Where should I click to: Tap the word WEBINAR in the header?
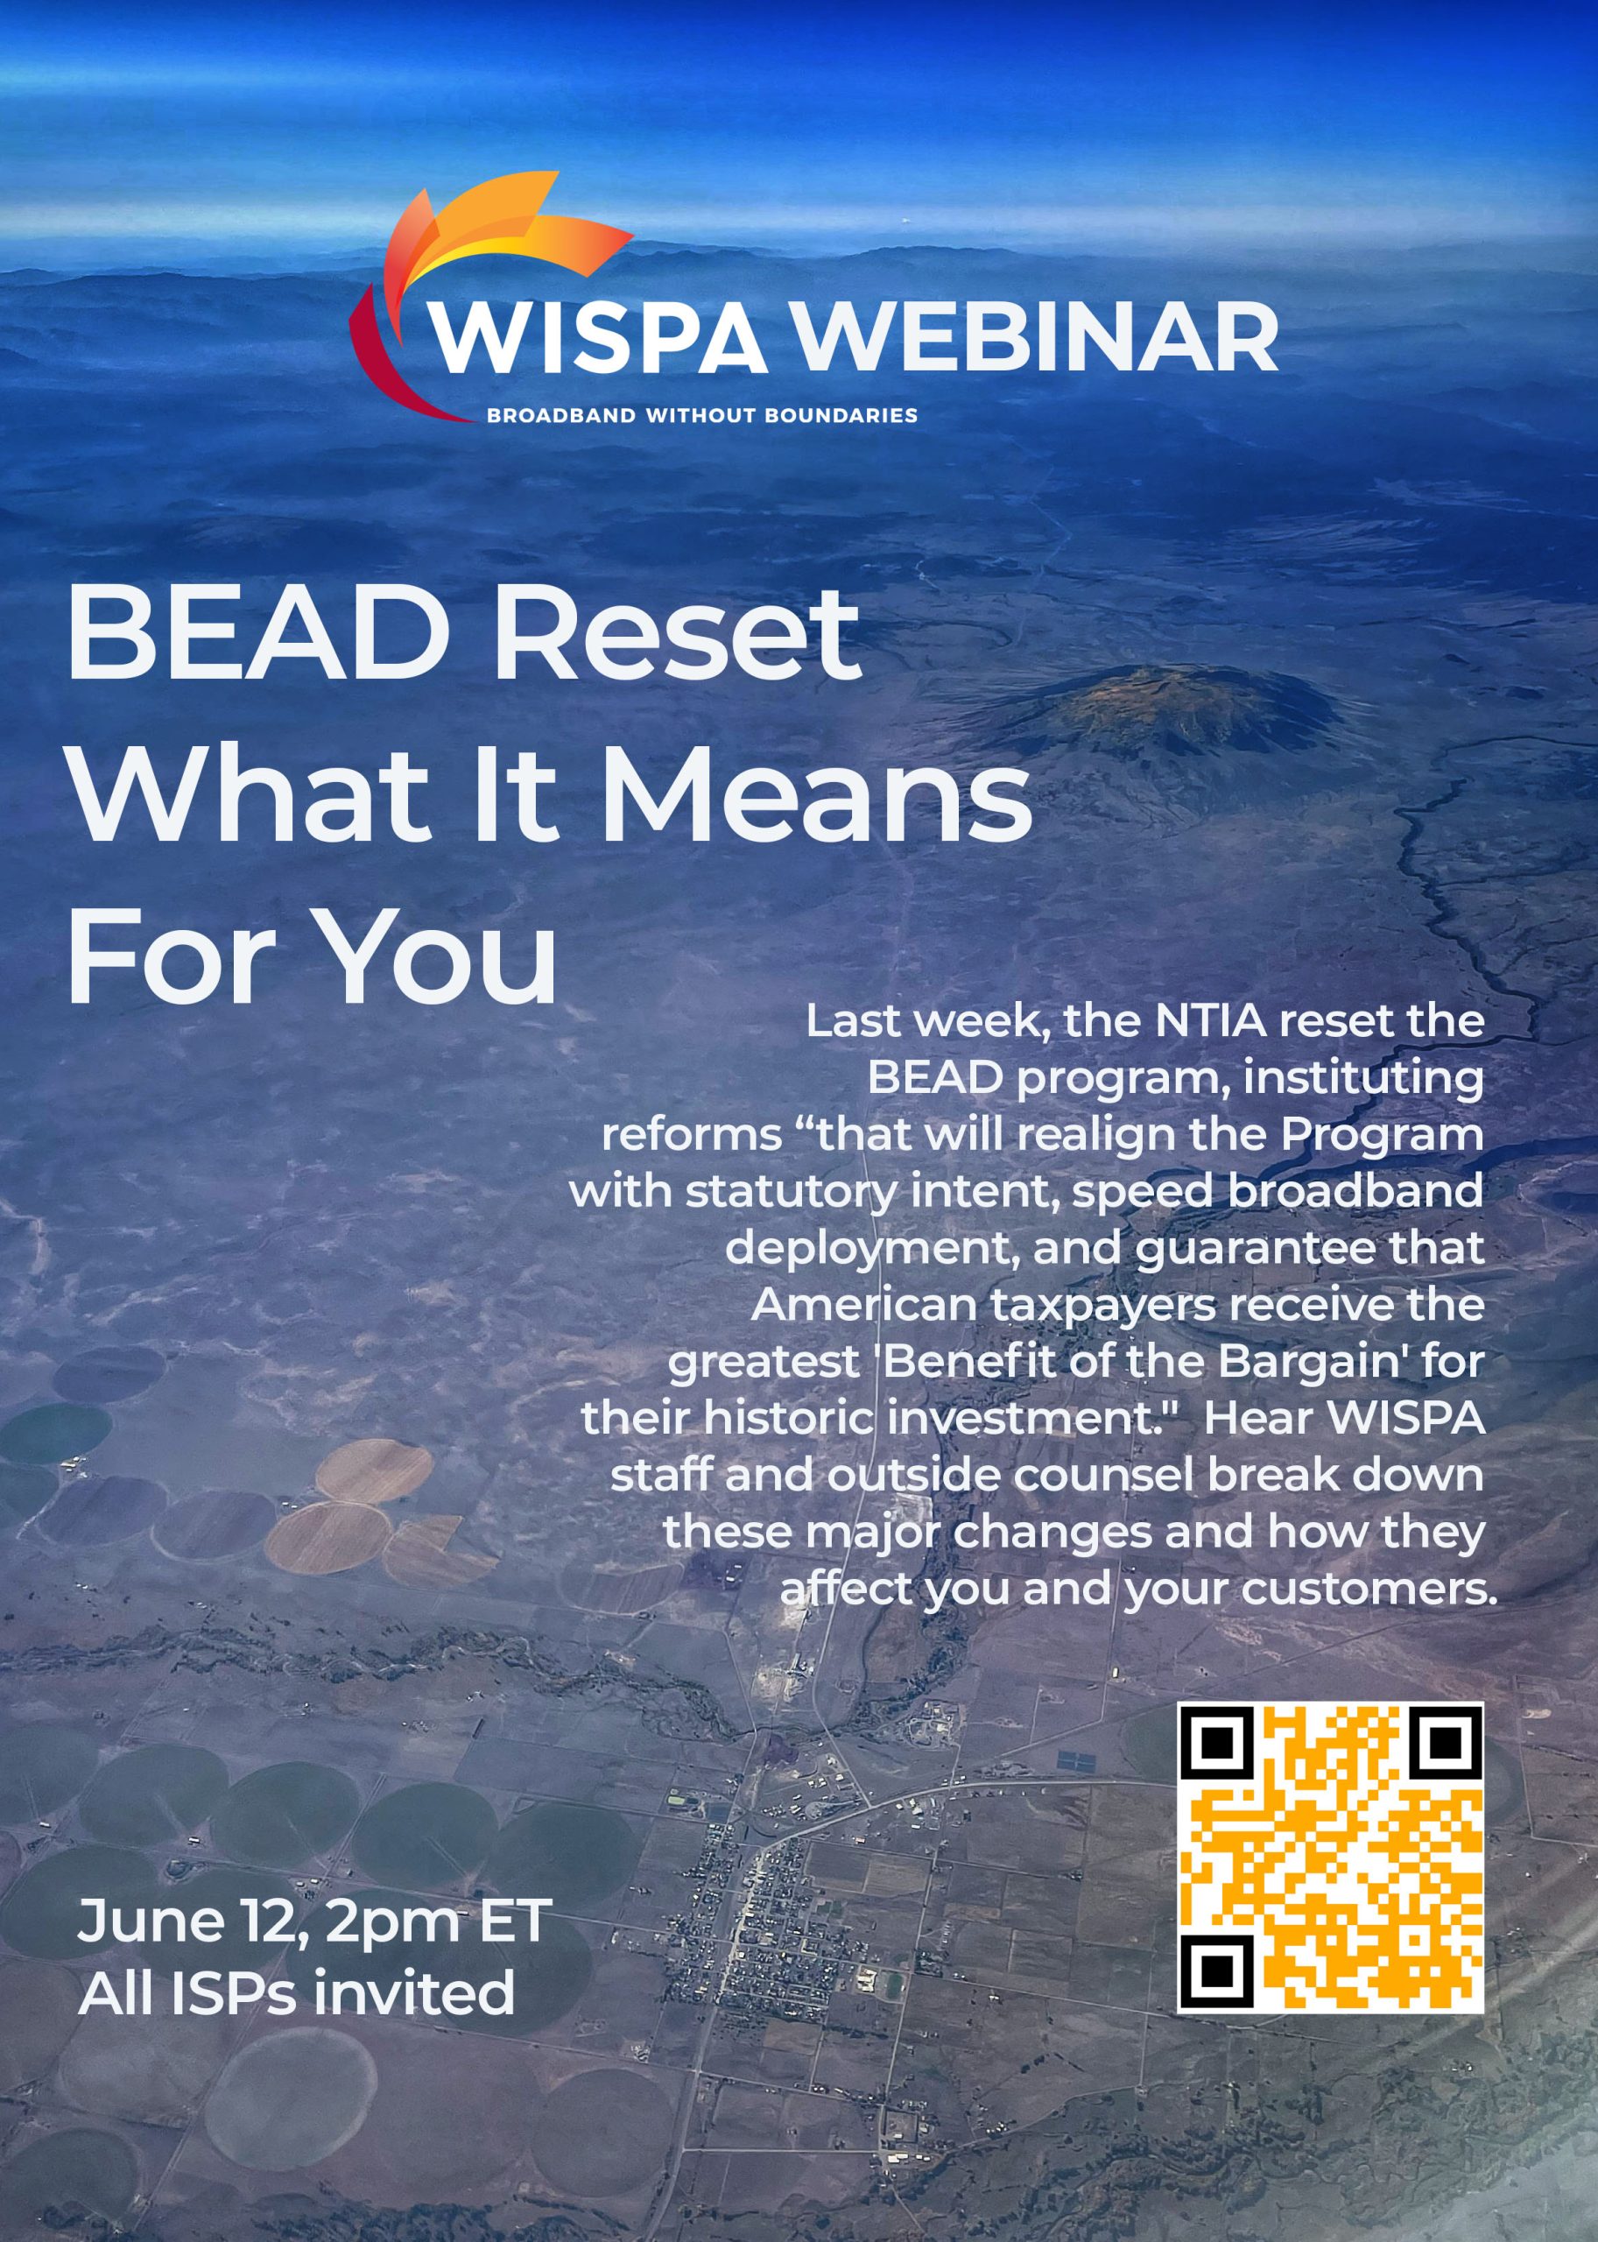click(1032, 339)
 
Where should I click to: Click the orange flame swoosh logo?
click(492, 256)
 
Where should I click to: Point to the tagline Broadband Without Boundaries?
click(701, 415)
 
